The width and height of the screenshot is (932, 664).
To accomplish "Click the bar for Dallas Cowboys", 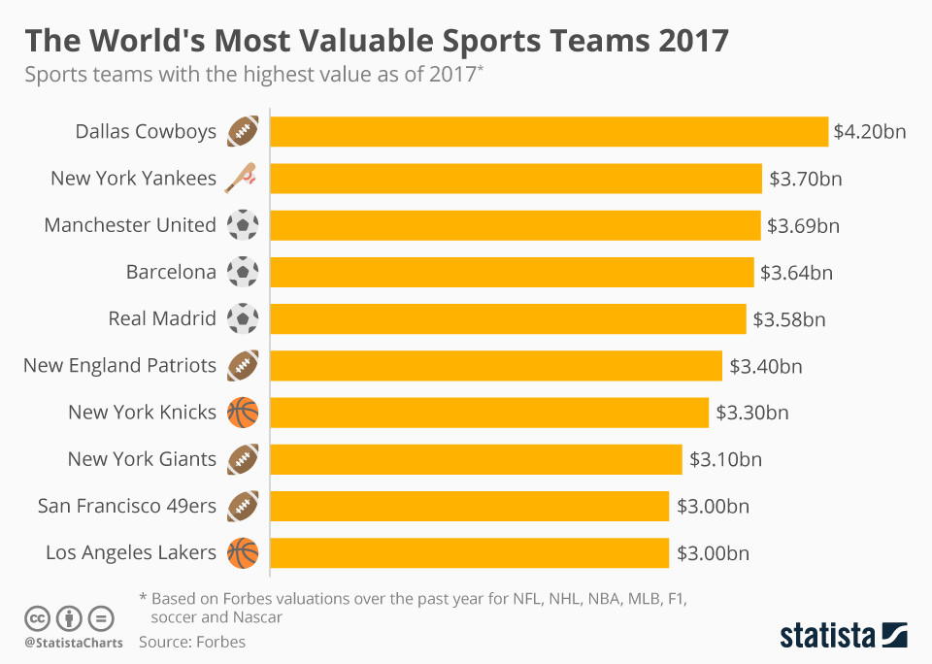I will coord(549,131).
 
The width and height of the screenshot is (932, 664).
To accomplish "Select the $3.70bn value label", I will coord(806,179).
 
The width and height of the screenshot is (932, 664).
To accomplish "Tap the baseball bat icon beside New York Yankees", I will coord(242,178).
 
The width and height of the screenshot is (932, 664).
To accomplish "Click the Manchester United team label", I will coord(130,225).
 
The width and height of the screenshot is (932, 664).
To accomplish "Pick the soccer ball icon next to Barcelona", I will coord(243,272).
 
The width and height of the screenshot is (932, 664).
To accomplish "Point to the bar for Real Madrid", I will coord(508,318).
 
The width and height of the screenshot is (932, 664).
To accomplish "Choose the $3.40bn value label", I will coord(766,366).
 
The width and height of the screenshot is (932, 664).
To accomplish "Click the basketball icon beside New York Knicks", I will coord(243,413).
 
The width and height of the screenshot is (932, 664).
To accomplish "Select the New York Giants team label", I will coord(142,459).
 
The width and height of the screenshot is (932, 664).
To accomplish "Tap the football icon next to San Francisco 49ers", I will coord(243,506).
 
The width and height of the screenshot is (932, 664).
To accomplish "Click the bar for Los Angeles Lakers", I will coord(469,552).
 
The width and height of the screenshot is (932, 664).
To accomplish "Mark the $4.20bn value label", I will coord(870,131).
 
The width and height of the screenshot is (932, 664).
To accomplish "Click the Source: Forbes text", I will coord(192,642).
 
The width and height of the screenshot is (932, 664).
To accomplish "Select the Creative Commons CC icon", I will coord(37,617).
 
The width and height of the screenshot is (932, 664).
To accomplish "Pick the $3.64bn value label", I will coord(796,273).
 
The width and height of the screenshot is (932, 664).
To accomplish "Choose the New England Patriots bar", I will coord(495,365).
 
